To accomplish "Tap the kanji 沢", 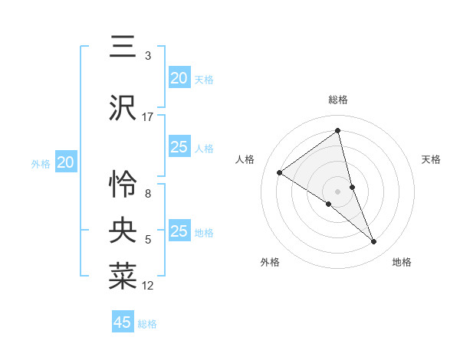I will [123, 108].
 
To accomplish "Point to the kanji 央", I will [123, 231].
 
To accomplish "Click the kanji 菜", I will [123, 277].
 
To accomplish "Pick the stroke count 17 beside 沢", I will [148, 117].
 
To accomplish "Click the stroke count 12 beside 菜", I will [148, 286].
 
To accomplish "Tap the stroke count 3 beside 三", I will [148, 56].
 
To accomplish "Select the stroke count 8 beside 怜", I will [148, 194].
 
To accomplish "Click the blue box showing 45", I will [123, 322].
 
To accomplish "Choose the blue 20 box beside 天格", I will [179, 78].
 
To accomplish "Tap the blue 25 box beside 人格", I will [179, 147].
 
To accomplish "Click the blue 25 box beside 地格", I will [179, 231].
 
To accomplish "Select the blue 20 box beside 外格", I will [66, 162].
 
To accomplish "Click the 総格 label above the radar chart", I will [338, 100].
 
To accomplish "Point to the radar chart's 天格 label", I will [431, 159].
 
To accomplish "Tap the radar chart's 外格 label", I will [270, 262].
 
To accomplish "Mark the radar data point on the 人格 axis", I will [280, 172].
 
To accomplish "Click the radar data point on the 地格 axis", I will [374, 241].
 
